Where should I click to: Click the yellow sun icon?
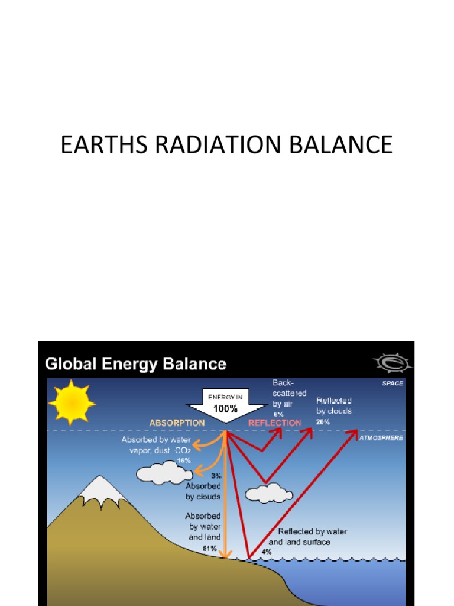pos(72,402)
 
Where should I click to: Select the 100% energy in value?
pos(225,408)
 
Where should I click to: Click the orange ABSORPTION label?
pos(177,423)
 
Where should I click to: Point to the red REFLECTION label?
pos(274,423)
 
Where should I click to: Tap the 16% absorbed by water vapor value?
pos(183,460)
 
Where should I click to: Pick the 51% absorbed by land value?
pos(210,548)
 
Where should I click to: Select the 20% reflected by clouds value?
pos(323,421)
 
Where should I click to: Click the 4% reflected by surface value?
pos(267,552)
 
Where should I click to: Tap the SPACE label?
pos(393,383)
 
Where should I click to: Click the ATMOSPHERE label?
pos(381,438)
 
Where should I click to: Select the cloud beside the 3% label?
pos(163,472)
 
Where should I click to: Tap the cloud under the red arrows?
pos(269,493)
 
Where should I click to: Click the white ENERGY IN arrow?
pos(225,405)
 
